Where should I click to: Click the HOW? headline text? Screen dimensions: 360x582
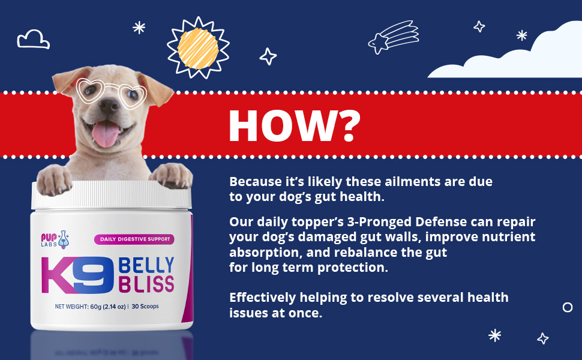tap(294, 126)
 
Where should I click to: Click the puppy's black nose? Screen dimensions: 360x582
tap(108, 108)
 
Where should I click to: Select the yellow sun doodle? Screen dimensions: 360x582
tap(197, 47)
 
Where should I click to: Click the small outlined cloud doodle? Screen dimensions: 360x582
tap(33, 39)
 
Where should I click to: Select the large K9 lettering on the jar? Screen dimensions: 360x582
tap(77, 274)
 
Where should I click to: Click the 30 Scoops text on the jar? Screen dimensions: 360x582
tap(149, 307)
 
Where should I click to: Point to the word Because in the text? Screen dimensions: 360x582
tap(256, 181)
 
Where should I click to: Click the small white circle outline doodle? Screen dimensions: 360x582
tap(567, 307)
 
